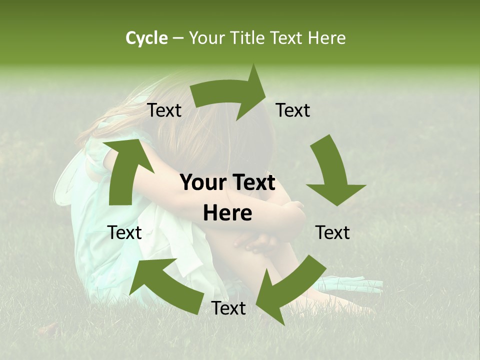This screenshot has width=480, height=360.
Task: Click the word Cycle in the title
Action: pos(146,38)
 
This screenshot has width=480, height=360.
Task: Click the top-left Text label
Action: pos(164,110)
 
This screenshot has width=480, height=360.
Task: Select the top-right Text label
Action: pos(293,110)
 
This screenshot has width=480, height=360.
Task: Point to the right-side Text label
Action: pos(332,232)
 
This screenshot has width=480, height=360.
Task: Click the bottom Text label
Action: pos(228,308)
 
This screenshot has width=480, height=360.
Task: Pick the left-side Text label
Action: pos(124,232)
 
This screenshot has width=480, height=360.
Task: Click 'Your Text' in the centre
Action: pos(227,183)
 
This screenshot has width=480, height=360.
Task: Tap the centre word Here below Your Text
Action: pos(227,213)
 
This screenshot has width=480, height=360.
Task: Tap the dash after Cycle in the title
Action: pos(178,38)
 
